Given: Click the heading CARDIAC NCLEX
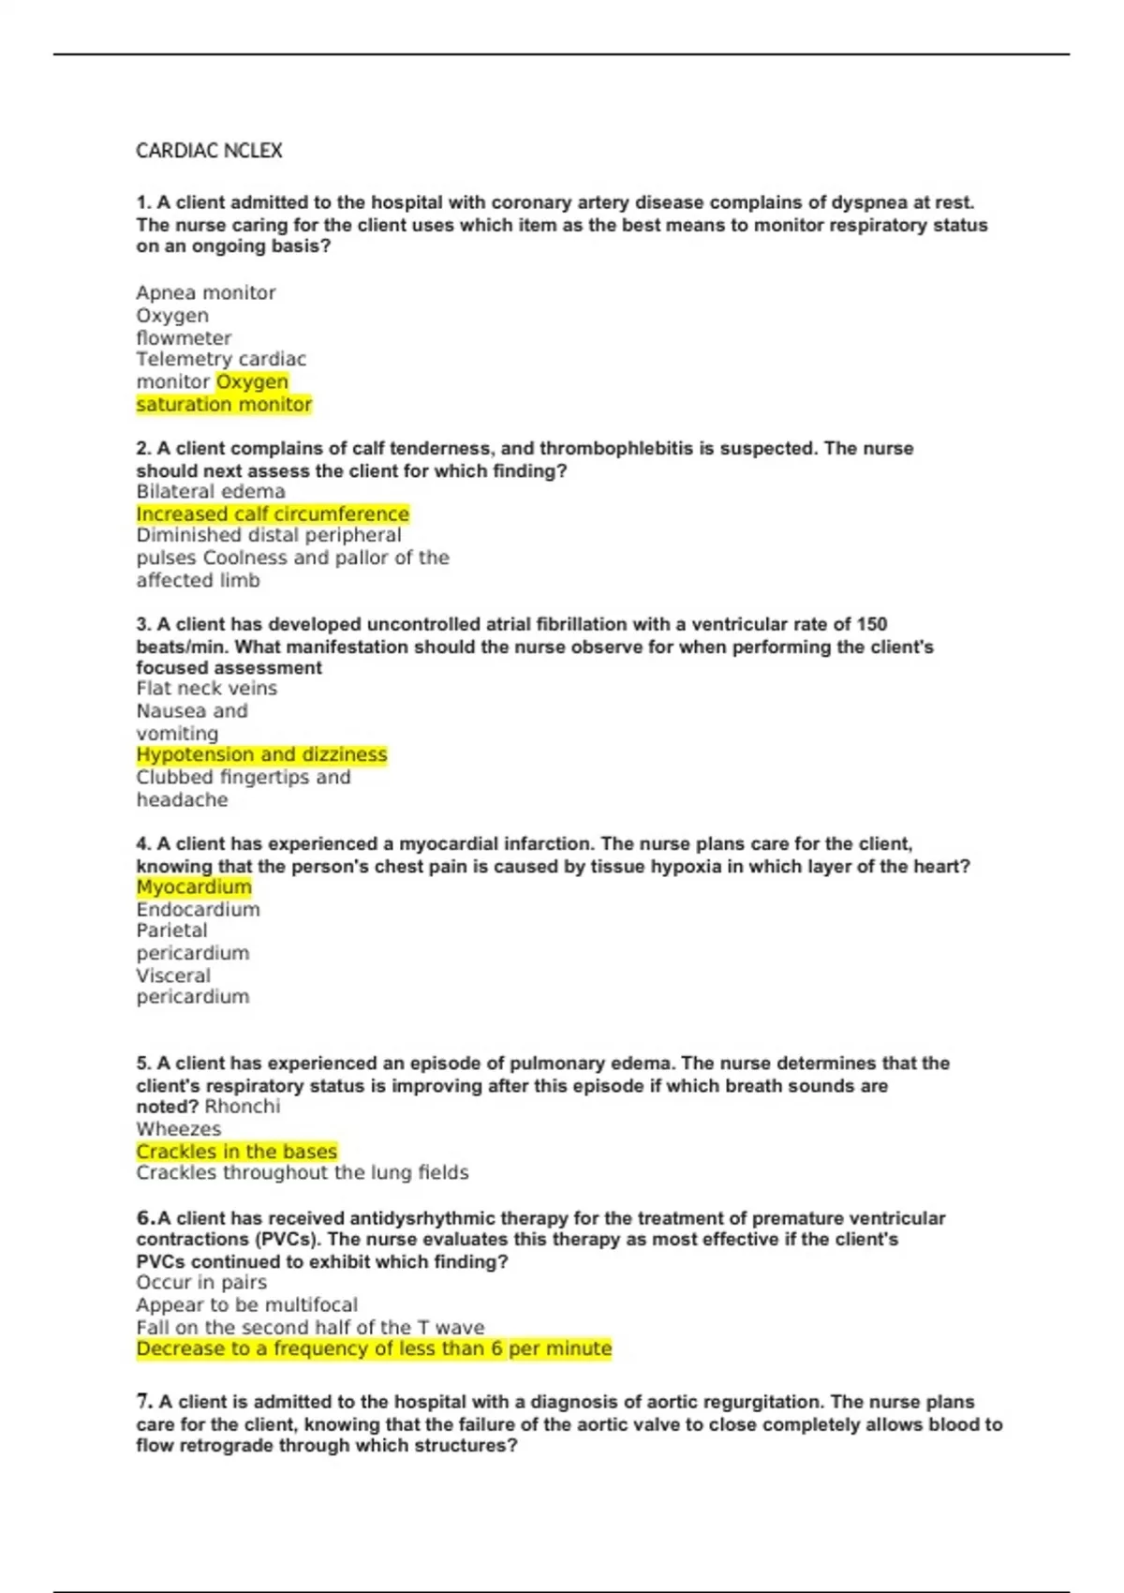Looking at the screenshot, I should pos(209,151).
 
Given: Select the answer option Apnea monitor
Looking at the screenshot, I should pos(206,293).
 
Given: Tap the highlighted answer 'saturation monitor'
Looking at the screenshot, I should pos(224,405).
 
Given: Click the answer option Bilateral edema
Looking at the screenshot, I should pos(211,492).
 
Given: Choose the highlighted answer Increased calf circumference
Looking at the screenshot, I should pos(273,514).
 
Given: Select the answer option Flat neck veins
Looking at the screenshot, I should pos(207,689).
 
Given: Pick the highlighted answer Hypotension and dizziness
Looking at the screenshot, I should pos(261,755).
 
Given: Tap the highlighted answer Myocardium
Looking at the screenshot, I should pos(194,887).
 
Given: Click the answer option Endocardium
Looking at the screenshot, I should pos(199,910).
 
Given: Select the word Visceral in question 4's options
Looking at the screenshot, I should pos(173,975).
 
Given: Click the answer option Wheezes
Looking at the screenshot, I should pos(179,1129).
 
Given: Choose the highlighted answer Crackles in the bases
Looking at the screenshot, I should pos(236,1152).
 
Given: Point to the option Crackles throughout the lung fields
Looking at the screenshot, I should pos(303,1173).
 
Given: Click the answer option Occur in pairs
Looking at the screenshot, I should pos(201,1283).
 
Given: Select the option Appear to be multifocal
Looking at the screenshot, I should pos(246,1305).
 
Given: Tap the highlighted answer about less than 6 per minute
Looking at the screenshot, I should pos(374,1349).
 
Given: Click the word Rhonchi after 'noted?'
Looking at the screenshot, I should pos(243,1107).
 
